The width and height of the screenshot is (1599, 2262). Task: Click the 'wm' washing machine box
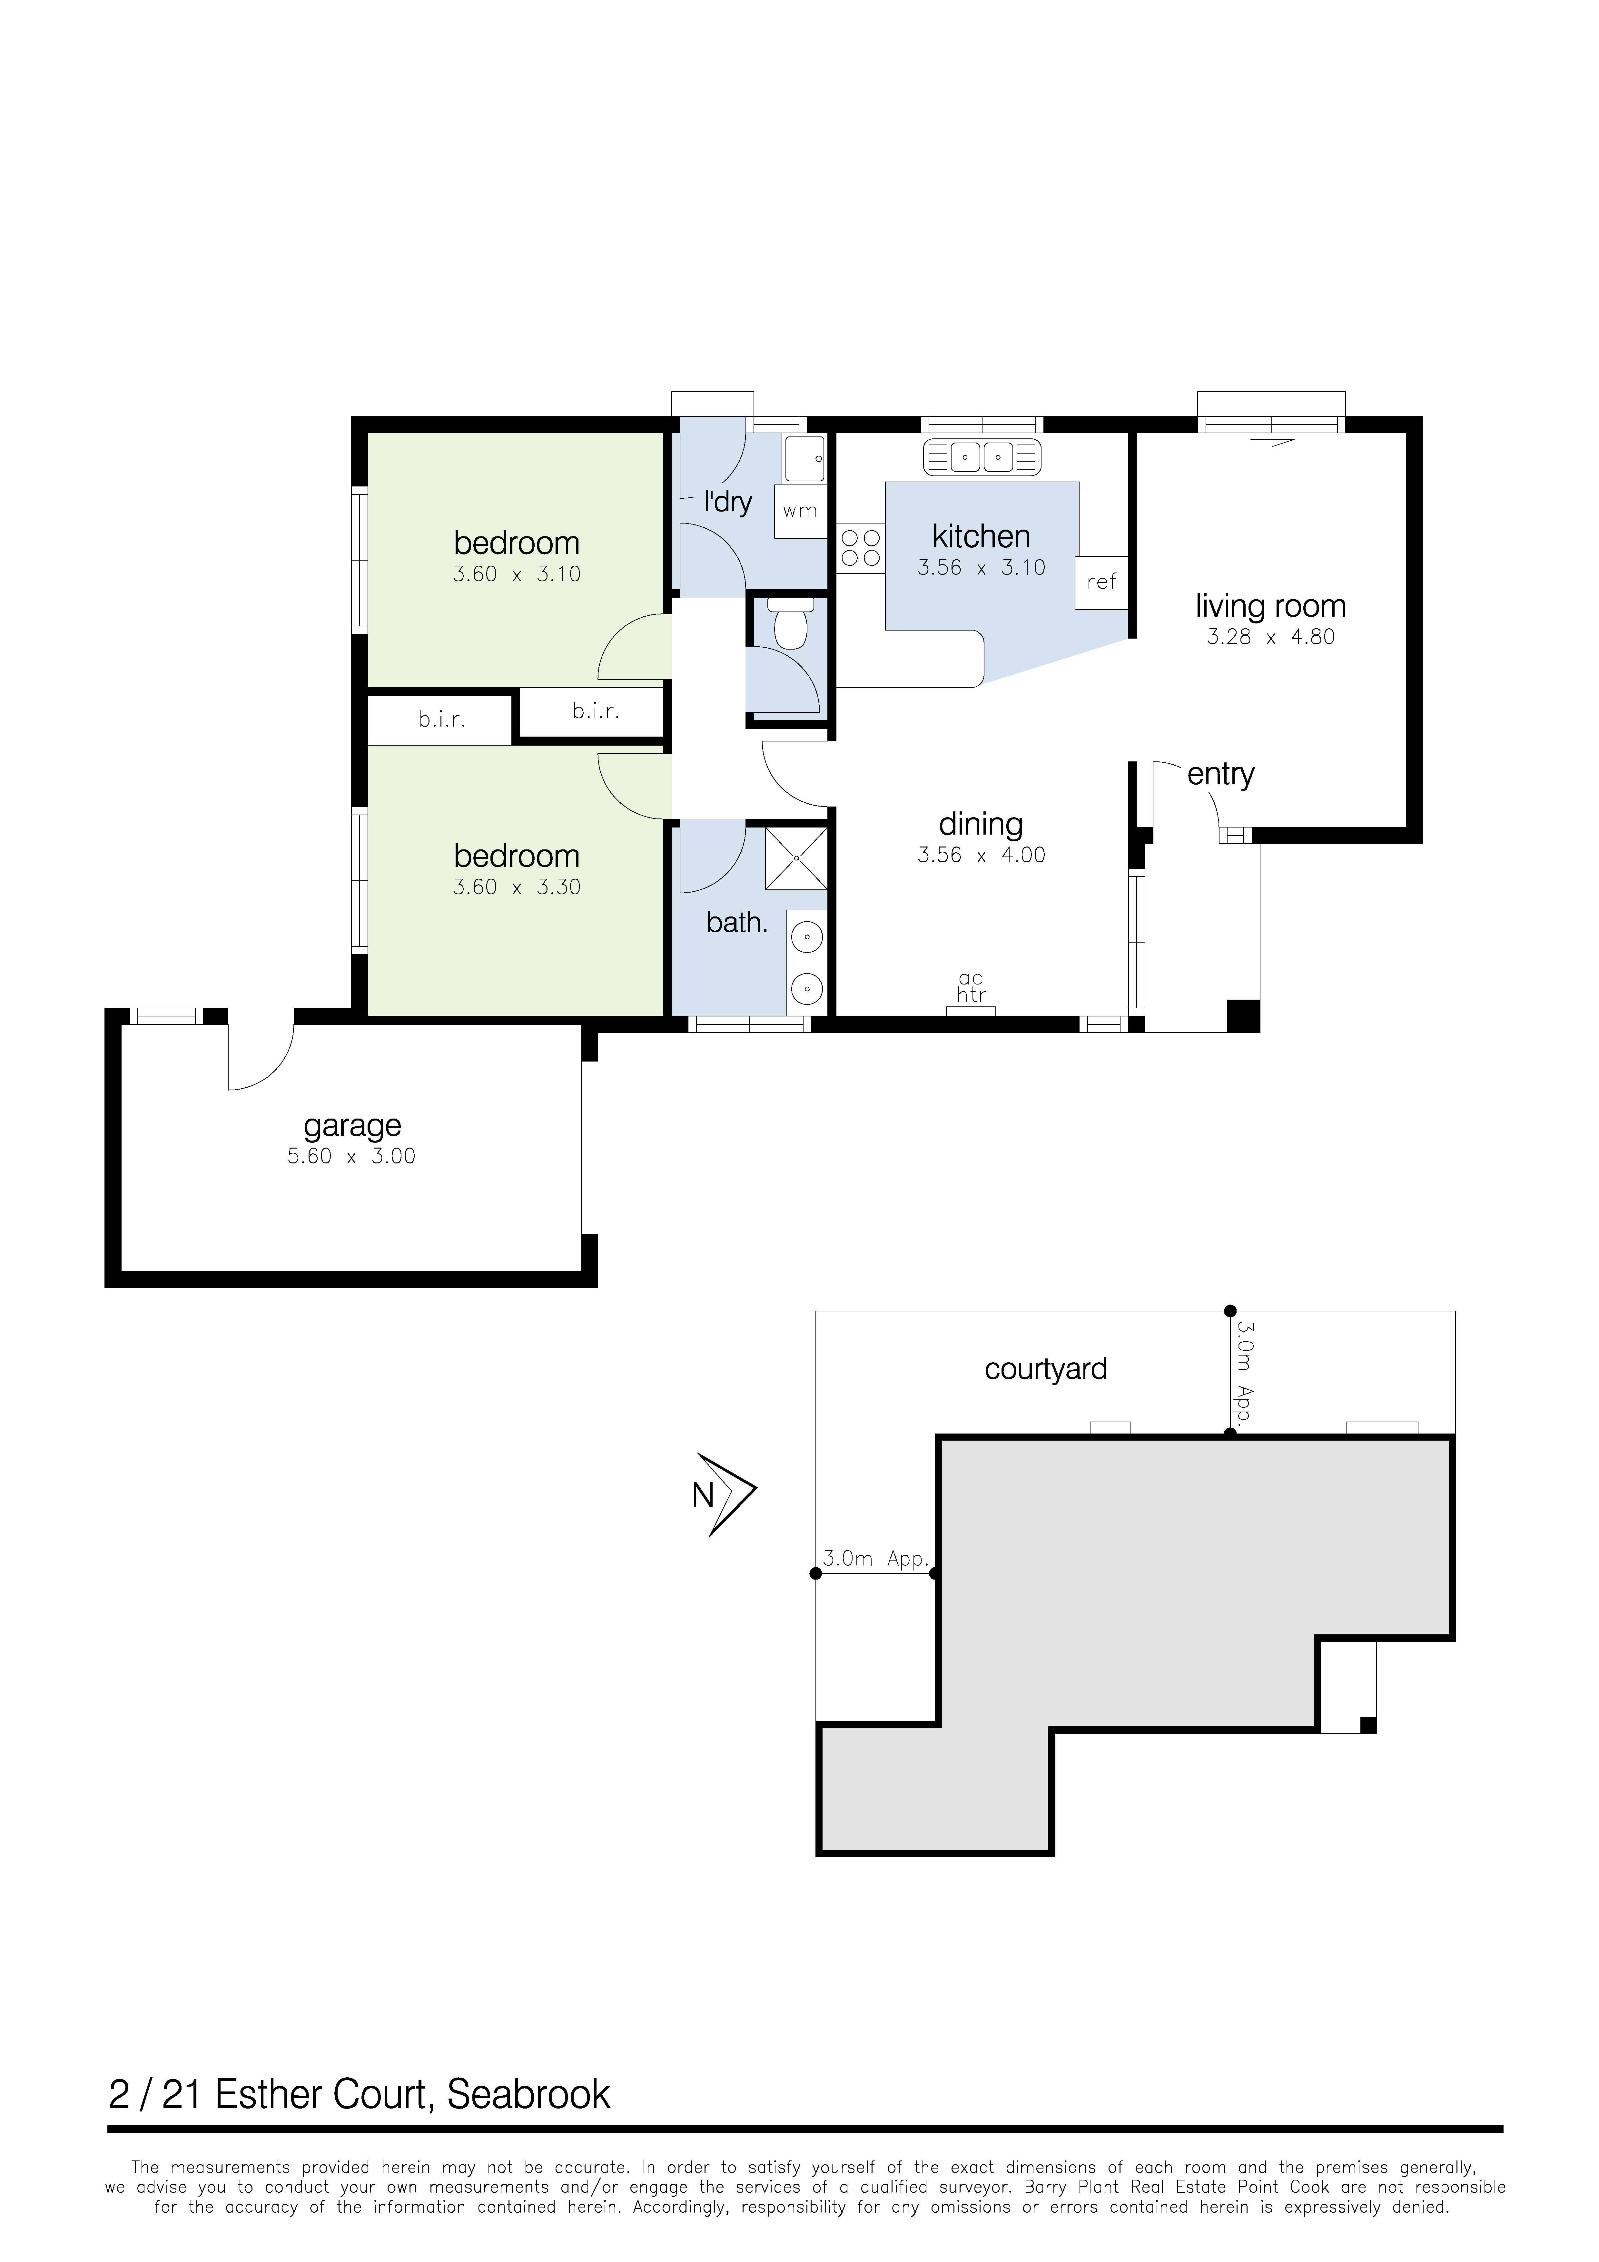tap(800, 510)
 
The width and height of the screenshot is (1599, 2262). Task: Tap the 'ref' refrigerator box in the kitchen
tap(1101, 582)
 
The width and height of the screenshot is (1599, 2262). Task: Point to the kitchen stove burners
tap(860, 548)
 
